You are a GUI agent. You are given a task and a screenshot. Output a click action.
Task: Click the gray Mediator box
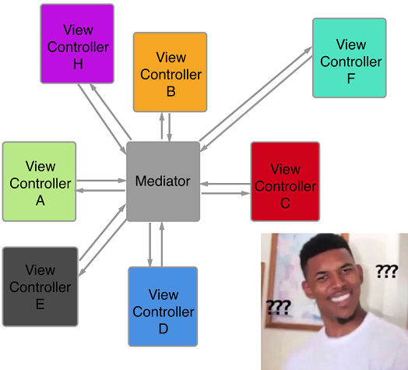(x=163, y=181)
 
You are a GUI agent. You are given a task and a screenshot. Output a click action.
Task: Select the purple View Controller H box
(x=77, y=44)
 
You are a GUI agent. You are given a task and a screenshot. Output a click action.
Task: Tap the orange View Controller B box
(x=171, y=72)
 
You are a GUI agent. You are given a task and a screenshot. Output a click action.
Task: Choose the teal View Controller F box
(x=350, y=58)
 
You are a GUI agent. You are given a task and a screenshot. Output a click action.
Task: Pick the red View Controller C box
(x=285, y=181)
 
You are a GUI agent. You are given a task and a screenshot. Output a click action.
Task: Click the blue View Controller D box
(x=163, y=306)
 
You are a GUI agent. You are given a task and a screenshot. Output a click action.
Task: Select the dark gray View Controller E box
(x=40, y=286)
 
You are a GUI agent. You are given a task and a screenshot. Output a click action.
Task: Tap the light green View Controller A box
(x=40, y=181)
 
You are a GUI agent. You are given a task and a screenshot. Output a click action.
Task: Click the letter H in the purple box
(x=78, y=64)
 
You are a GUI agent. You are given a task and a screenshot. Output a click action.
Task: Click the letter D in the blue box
(x=164, y=329)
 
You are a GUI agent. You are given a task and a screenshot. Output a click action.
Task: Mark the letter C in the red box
(x=285, y=203)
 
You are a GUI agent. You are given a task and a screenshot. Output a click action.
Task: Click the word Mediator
(x=163, y=181)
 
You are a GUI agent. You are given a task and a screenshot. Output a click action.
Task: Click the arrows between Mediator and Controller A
(x=101, y=185)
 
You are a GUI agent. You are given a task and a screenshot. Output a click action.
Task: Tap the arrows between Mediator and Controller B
(x=166, y=127)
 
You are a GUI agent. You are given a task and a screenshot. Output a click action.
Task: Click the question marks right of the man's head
(x=386, y=271)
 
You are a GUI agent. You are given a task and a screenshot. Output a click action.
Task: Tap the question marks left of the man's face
(x=278, y=306)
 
